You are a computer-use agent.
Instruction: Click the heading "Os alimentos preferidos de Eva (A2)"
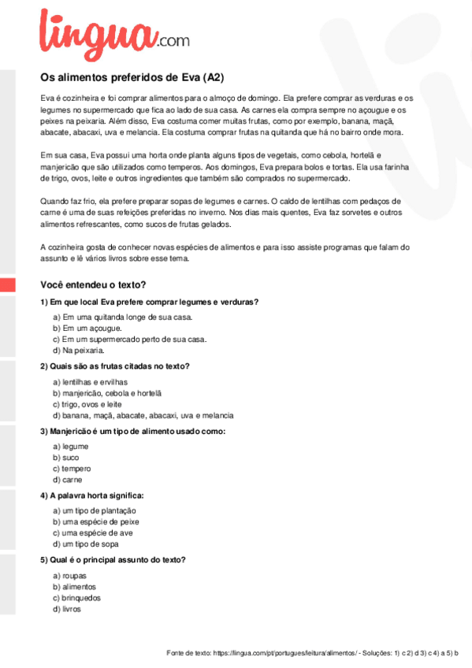(x=132, y=77)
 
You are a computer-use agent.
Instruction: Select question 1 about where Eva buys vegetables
(x=150, y=302)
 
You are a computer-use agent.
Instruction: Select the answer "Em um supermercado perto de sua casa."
(x=129, y=339)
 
